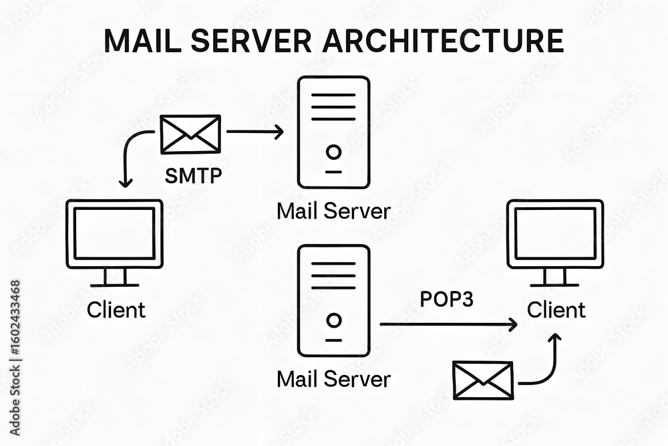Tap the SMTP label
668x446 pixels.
click(x=194, y=177)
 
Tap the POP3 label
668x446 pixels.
click(x=446, y=299)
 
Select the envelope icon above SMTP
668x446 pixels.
click(x=190, y=134)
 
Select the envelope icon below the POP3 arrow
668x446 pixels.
click(x=483, y=380)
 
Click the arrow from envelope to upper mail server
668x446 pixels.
click(x=255, y=132)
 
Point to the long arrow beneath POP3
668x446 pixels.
click(x=448, y=324)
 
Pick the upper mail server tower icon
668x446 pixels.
click(x=333, y=132)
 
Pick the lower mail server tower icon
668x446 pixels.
click(x=333, y=300)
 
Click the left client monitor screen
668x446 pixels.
click(x=114, y=233)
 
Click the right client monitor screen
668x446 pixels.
click(x=554, y=233)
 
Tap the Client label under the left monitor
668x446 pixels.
click(x=116, y=310)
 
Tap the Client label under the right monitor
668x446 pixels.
click(x=556, y=310)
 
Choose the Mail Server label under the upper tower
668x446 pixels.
click(x=333, y=211)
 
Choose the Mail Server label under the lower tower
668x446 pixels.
click(x=333, y=379)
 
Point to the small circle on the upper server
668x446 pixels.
click(x=333, y=152)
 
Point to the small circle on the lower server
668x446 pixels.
click(x=333, y=320)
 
